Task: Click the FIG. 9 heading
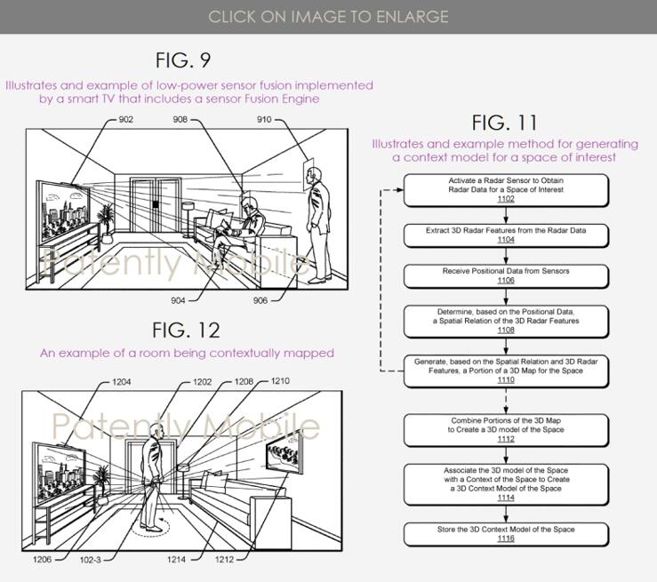pyautogui.click(x=182, y=60)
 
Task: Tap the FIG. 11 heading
pyautogui.click(x=504, y=123)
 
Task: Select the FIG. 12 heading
pyautogui.click(x=186, y=330)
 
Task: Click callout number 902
pyautogui.click(x=125, y=119)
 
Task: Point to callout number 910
pyautogui.click(x=264, y=119)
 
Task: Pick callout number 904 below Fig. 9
pyautogui.click(x=178, y=300)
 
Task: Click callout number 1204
pyautogui.click(x=122, y=382)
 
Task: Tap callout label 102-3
pyautogui.click(x=90, y=560)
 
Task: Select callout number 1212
pyautogui.click(x=224, y=560)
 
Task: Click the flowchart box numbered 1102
pyautogui.click(x=506, y=190)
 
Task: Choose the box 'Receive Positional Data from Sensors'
pyautogui.click(x=506, y=276)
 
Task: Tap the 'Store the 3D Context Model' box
pyautogui.click(x=506, y=534)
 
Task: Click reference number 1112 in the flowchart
pyautogui.click(x=506, y=439)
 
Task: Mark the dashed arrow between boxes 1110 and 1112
pyautogui.click(x=506, y=401)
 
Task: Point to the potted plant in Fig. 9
pyautogui.click(x=106, y=223)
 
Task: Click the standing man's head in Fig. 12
pyautogui.click(x=157, y=431)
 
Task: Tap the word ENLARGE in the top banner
pyautogui.click(x=412, y=17)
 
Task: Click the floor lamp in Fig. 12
pyautogui.click(x=182, y=482)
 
